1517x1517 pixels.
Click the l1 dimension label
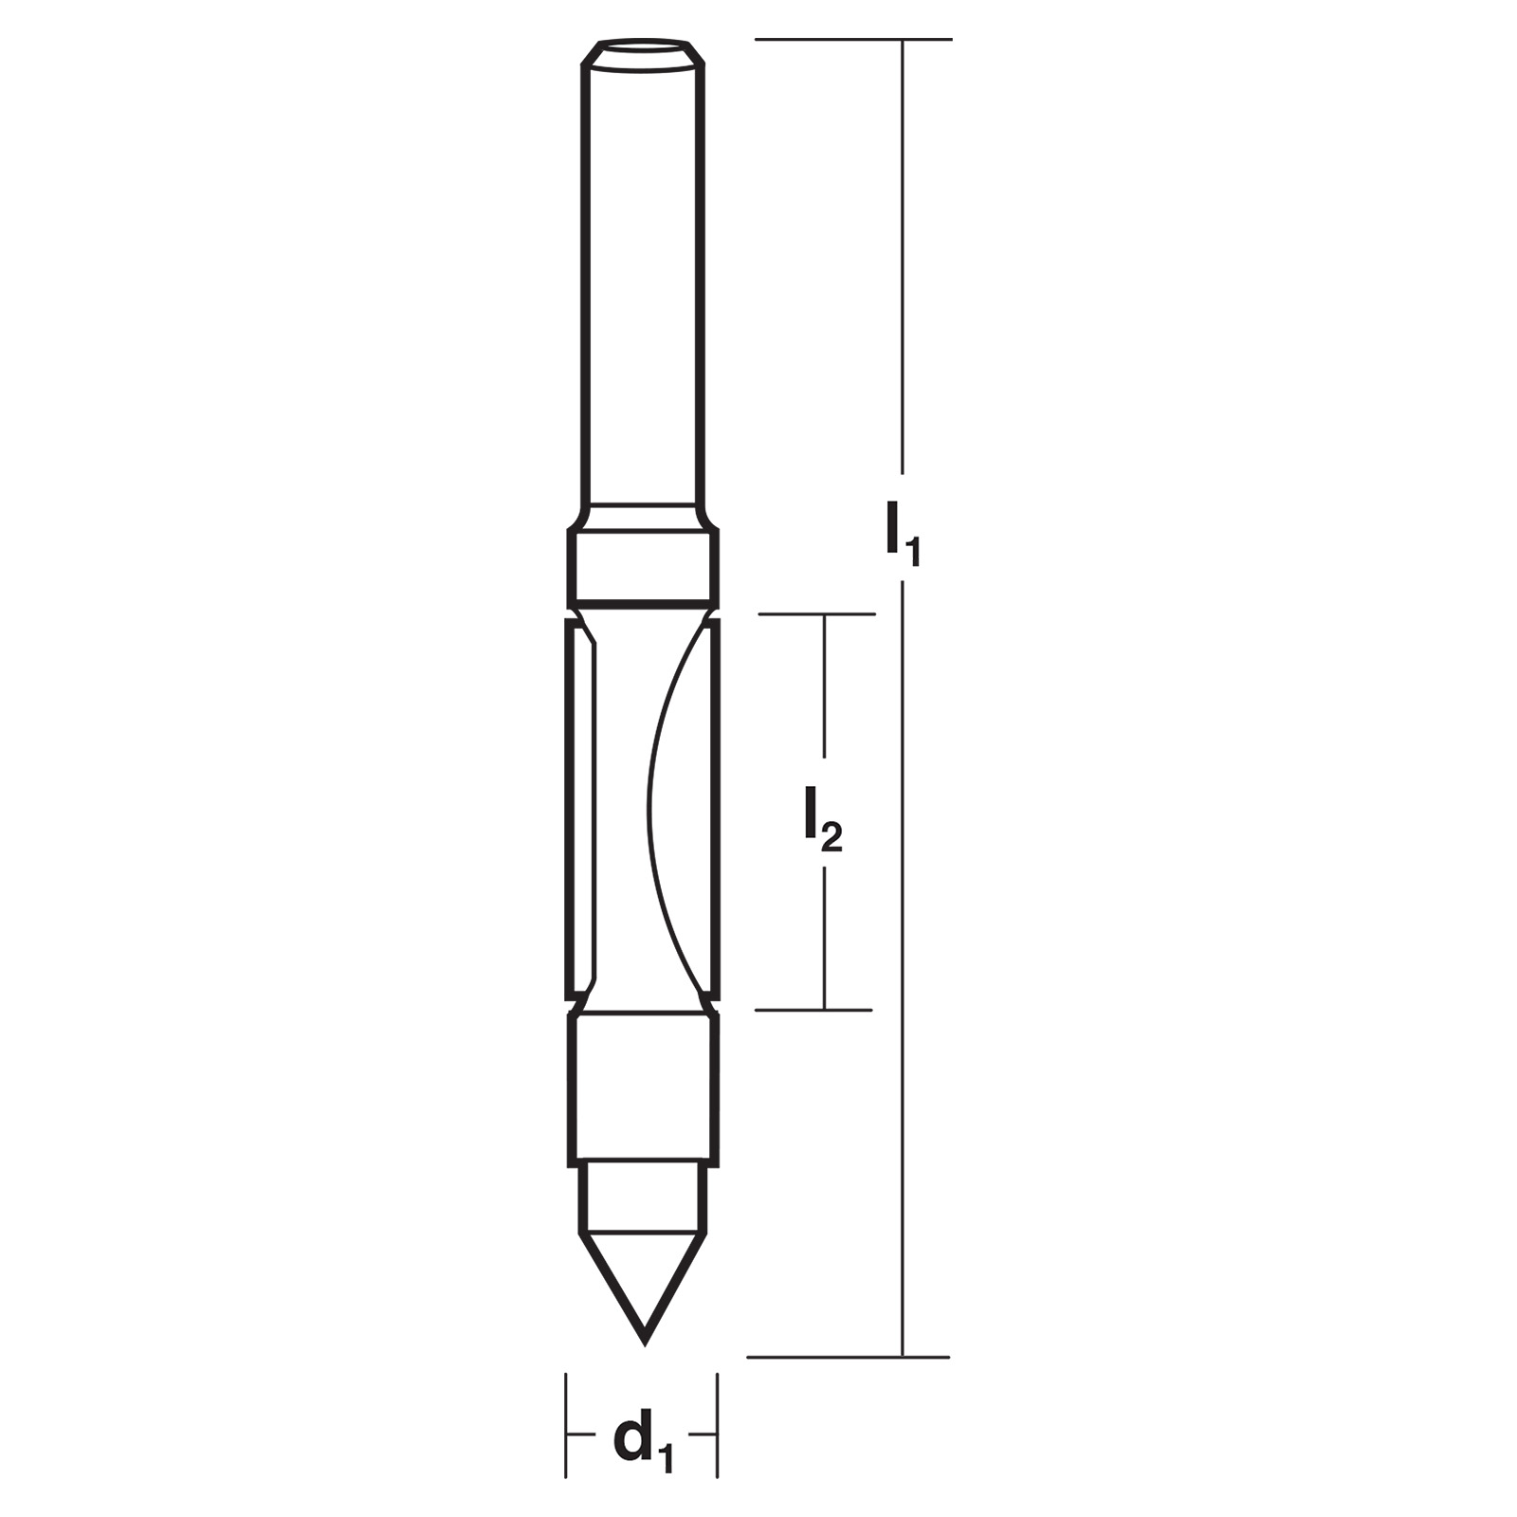[903, 537]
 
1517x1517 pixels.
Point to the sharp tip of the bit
[645, 1343]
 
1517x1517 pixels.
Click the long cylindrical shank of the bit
[642, 284]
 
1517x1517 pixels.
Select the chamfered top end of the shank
[642, 53]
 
